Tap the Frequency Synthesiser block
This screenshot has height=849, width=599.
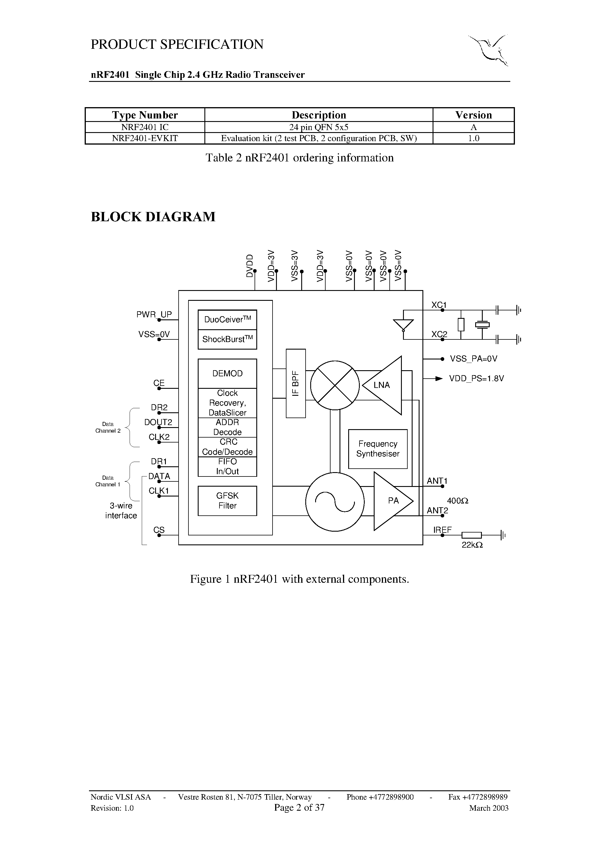378,449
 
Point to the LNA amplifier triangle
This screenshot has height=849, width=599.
384,385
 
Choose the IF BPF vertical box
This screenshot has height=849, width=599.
295,383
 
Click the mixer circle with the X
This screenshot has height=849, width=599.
335,385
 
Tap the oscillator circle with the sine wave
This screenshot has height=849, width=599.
335,502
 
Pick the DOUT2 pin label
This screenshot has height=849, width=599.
158,422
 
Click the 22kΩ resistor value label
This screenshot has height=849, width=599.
472,545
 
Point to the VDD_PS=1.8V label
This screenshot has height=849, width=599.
476,379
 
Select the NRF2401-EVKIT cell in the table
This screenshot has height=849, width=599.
145,138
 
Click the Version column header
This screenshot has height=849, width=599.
473,115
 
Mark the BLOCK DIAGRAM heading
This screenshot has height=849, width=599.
153,217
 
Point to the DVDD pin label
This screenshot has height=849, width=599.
250,265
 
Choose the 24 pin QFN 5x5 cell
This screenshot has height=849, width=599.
319,127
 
